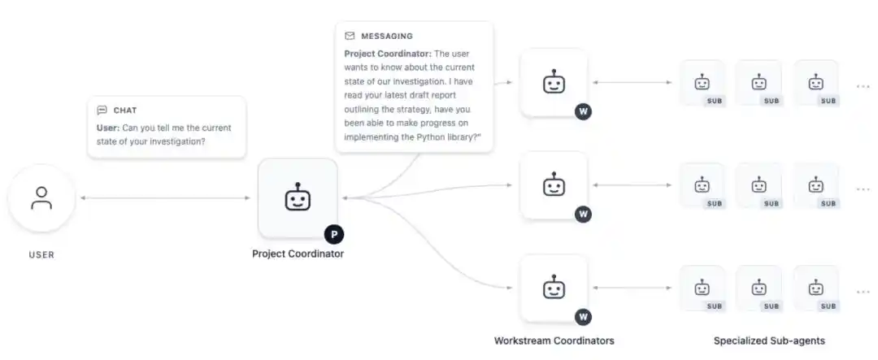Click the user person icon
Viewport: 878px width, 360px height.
pyautogui.click(x=41, y=197)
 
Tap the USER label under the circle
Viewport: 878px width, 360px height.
pyautogui.click(x=41, y=254)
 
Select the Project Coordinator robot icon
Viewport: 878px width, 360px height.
pyautogui.click(x=298, y=197)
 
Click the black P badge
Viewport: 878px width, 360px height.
pyautogui.click(x=334, y=235)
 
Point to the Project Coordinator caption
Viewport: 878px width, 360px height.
pyautogui.click(x=298, y=254)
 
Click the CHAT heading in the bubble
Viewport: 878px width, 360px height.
pyautogui.click(x=125, y=111)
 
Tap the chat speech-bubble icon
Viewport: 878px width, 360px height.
pyautogui.click(x=102, y=111)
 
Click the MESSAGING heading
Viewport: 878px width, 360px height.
pyautogui.click(x=387, y=36)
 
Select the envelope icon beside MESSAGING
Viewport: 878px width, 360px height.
pyautogui.click(x=350, y=36)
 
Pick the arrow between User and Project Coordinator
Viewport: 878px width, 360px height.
pyautogui.click(x=165, y=197)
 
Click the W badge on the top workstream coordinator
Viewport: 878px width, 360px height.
pyautogui.click(x=583, y=111)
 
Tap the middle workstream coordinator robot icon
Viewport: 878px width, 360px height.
pyautogui.click(x=554, y=184)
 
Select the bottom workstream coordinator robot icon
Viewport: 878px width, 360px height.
pyautogui.click(x=554, y=288)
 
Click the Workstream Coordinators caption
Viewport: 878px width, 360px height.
pyautogui.click(x=554, y=340)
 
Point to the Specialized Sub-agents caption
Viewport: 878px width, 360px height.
pyautogui.click(x=769, y=340)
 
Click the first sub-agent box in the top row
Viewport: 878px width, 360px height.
pyautogui.click(x=702, y=83)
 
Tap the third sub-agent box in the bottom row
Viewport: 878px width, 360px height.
pyautogui.click(x=816, y=288)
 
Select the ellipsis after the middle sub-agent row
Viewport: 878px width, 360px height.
pyautogui.click(x=863, y=189)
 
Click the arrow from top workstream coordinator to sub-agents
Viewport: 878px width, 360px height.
pyautogui.click(x=632, y=82)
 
